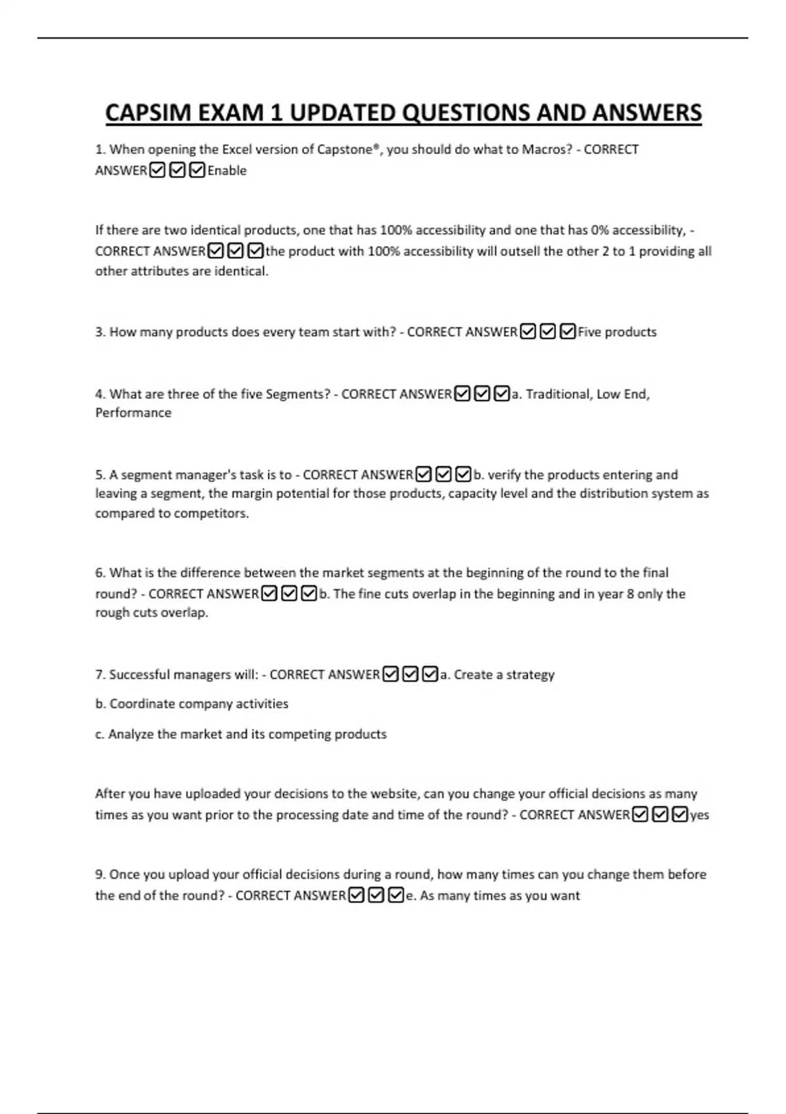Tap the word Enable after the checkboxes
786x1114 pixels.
click(227, 170)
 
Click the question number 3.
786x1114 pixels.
click(100, 332)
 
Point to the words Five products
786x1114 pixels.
click(617, 332)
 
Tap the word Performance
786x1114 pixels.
click(133, 413)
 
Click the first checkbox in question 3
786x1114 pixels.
click(528, 332)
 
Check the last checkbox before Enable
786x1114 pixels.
click(196, 170)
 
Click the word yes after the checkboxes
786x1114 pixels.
click(700, 815)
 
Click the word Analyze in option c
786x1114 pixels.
click(132, 734)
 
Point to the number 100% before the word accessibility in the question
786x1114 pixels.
click(396, 230)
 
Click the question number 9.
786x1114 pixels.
click(100, 874)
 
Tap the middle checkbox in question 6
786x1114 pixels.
click(289, 594)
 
